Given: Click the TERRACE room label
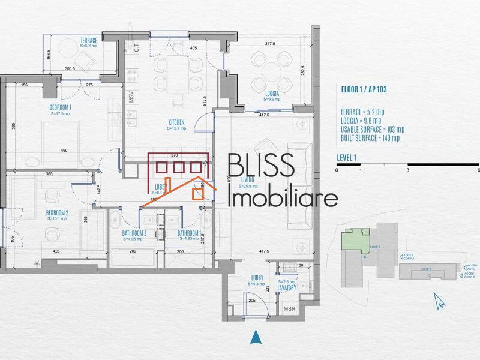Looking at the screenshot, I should (x=89, y=40).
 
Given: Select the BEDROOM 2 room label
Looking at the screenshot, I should (x=58, y=212).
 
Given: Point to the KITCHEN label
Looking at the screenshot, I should (x=176, y=122).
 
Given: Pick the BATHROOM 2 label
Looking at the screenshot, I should (x=134, y=233).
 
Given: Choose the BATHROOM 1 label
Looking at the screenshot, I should (x=189, y=233).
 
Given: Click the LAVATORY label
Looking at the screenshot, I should (x=287, y=288).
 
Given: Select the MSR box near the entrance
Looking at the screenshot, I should (x=289, y=309).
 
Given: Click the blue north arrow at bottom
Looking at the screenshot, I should (x=256, y=337).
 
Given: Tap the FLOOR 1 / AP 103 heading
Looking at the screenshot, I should (x=364, y=89).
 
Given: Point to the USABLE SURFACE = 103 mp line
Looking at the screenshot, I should (x=372, y=129).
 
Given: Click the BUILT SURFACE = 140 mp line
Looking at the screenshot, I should (x=370, y=138).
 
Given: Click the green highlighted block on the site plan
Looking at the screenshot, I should (x=353, y=241).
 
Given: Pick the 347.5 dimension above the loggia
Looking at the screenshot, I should (x=269, y=44).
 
